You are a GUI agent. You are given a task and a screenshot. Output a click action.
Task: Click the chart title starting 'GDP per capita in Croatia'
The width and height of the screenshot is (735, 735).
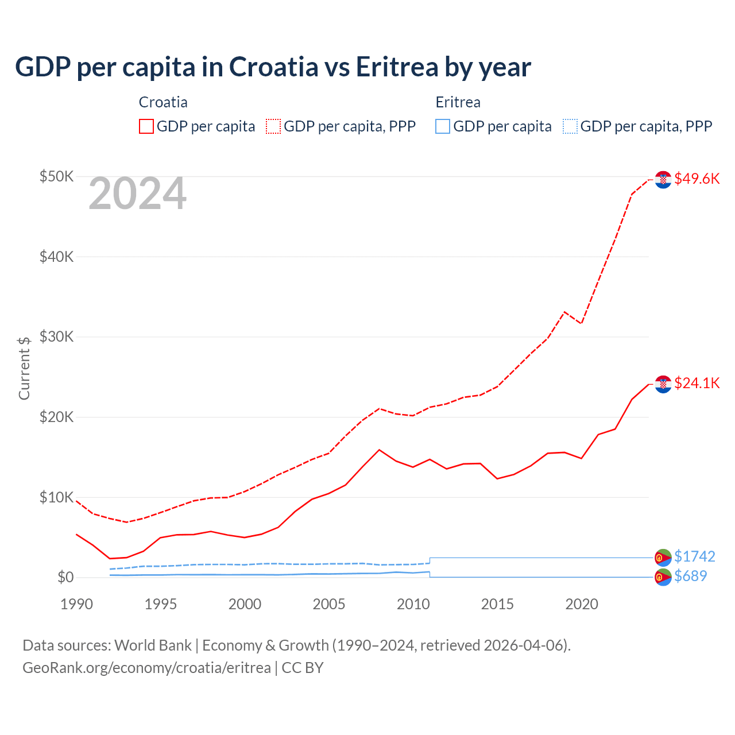coord(273,67)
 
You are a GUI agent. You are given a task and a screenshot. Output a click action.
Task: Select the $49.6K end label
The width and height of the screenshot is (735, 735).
coord(697,179)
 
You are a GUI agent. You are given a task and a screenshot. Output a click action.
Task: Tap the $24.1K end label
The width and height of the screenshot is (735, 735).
coord(697,383)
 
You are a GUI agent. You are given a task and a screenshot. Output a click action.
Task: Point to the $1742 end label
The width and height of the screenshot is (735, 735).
coord(694,556)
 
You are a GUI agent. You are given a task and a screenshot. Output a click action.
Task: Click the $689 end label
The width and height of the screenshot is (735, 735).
coord(690,576)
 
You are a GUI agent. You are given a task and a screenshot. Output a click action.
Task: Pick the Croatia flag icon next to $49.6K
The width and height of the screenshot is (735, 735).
coord(663,180)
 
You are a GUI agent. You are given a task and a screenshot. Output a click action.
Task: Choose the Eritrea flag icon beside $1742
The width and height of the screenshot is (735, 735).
coord(663,557)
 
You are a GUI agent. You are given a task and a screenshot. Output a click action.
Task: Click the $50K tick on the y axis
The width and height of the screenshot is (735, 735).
coord(56,176)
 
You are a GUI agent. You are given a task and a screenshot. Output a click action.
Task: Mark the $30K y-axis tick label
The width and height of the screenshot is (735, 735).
coord(56,336)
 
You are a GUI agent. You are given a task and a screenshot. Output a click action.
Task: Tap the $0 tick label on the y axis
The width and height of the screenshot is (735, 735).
coord(65,577)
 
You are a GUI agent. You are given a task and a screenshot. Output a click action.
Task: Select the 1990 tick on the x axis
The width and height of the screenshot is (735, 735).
coord(76,604)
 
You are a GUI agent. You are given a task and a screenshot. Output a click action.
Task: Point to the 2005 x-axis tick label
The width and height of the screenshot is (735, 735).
coord(329,604)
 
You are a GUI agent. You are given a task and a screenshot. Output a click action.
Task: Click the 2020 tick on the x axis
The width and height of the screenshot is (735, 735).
coord(582,604)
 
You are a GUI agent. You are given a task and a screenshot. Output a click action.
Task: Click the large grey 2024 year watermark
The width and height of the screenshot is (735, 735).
coord(137,194)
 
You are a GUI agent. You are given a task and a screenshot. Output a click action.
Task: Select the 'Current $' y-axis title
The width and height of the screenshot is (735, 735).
coord(24,368)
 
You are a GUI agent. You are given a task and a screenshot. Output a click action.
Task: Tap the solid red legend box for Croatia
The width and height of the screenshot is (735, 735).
coord(146,126)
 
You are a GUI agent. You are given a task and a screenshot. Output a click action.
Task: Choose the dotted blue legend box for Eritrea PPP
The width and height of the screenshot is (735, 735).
coord(570,126)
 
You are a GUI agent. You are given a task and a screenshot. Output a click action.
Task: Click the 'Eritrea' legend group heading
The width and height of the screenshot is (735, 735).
coord(458,102)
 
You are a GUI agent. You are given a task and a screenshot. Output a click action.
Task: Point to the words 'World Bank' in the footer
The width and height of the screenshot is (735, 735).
coord(153,645)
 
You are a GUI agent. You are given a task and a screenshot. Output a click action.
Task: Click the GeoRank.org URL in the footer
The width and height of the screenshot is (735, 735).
coord(146,668)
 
